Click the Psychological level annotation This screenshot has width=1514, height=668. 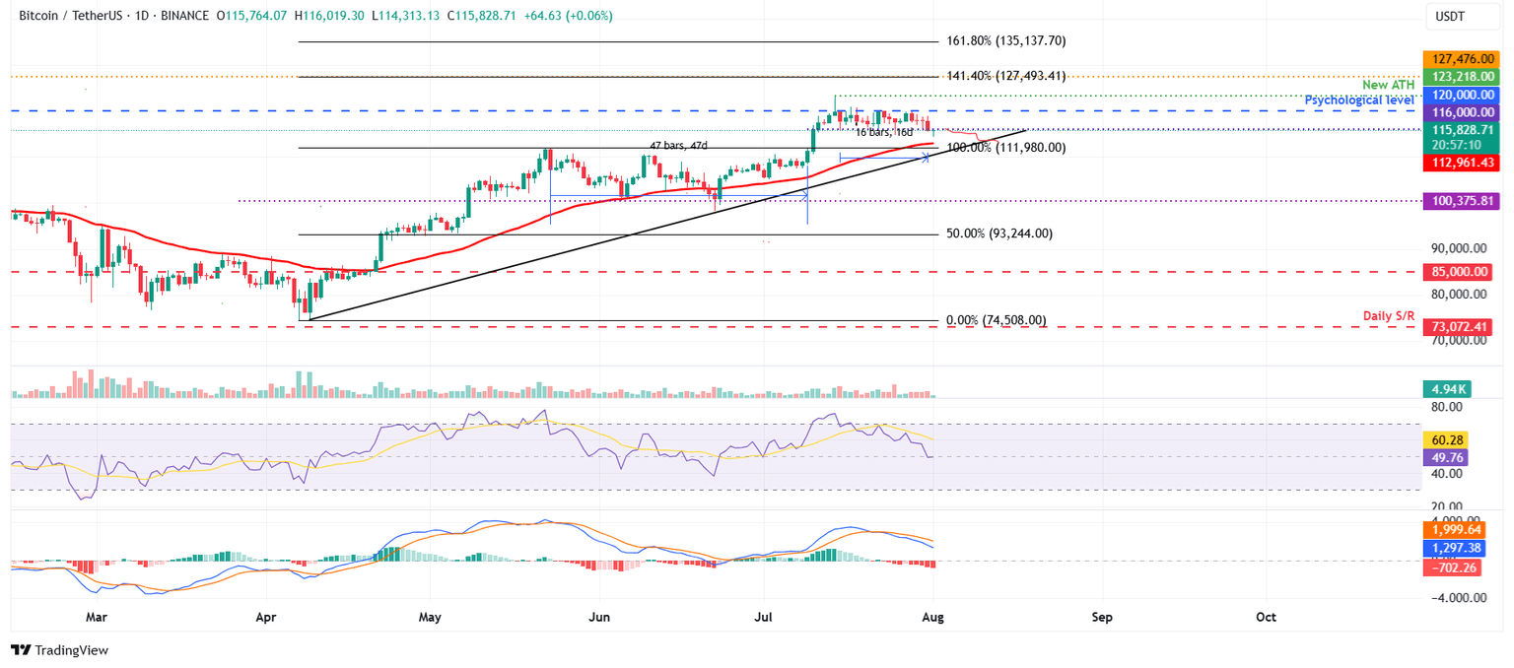coord(1361,100)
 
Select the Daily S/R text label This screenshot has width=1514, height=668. coord(1390,315)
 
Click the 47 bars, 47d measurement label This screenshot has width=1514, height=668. coord(678,146)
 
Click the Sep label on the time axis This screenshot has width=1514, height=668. coord(1102,618)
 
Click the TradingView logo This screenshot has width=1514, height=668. coord(59,650)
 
